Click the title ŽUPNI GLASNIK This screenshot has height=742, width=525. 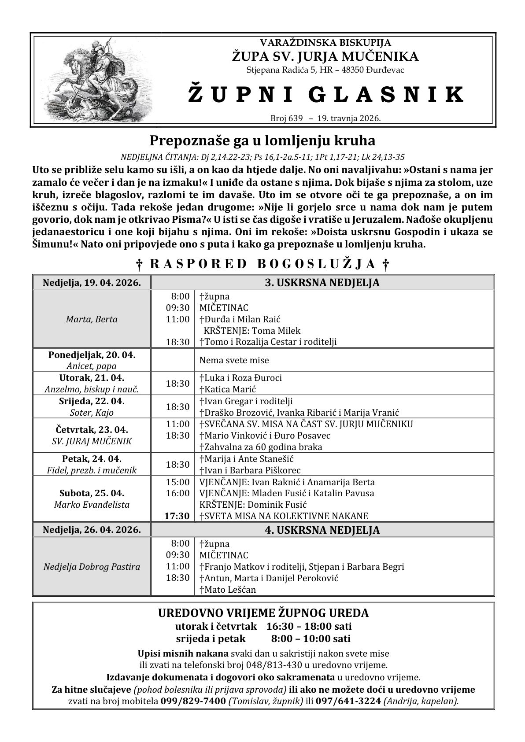click(325, 95)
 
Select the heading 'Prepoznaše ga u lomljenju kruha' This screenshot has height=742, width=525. click(262, 140)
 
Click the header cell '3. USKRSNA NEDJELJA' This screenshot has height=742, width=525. click(322, 283)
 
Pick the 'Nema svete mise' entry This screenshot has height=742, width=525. click(234, 360)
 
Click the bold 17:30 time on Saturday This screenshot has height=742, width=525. click(177, 516)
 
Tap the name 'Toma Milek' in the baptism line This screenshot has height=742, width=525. click(280, 330)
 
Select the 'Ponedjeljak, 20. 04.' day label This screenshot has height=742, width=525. click(92, 354)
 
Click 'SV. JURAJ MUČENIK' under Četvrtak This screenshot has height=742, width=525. click(92, 441)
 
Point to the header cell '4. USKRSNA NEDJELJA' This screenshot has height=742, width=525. click(322, 530)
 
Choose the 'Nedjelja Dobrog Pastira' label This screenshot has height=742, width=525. click(92, 566)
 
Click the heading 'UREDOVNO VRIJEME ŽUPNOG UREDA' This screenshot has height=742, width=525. click(263, 613)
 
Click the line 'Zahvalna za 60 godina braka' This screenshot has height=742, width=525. click(261, 447)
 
